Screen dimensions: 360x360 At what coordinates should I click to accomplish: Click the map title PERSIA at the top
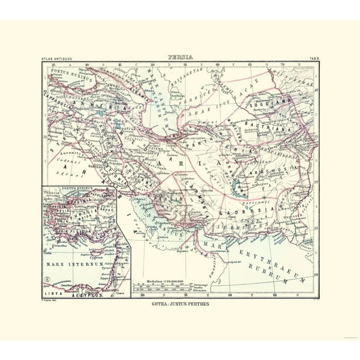(180, 57)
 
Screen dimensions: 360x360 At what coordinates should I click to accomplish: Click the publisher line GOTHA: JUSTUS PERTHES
(180, 305)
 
